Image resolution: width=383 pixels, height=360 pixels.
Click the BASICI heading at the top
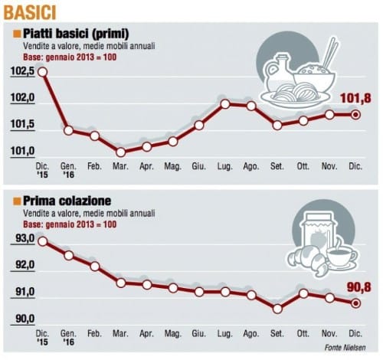click(30, 13)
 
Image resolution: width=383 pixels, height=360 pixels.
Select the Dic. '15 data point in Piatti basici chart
click(42, 72)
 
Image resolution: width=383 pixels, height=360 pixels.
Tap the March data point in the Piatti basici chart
click(121, 152)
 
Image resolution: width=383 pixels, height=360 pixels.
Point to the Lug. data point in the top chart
click(225, 104)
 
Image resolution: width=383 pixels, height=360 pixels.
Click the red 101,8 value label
click(355, 98)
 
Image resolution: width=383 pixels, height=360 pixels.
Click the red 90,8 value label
click(358, 287)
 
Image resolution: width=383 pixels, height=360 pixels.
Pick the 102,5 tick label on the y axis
click(22, 71)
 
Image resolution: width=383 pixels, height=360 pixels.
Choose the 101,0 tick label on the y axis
click(22, 151)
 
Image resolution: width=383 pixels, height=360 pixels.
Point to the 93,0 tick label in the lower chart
click(25, 239)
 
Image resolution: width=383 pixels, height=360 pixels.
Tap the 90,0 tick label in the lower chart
click(25, 319)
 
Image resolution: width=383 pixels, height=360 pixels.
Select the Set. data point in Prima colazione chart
click(277, 309)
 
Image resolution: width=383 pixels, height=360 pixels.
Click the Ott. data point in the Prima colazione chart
click(303, 293)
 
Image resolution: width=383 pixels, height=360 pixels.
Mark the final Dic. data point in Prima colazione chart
click(355, 303)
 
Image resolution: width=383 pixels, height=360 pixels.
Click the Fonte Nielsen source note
click(345, 347)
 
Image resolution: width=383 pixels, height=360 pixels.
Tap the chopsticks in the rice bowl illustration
click(330, 53)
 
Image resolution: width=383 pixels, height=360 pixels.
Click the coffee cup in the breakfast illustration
click(342, 256)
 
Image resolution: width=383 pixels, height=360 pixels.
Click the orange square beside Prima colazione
click(17, 201)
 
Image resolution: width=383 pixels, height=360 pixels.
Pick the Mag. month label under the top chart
click(172, 167)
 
